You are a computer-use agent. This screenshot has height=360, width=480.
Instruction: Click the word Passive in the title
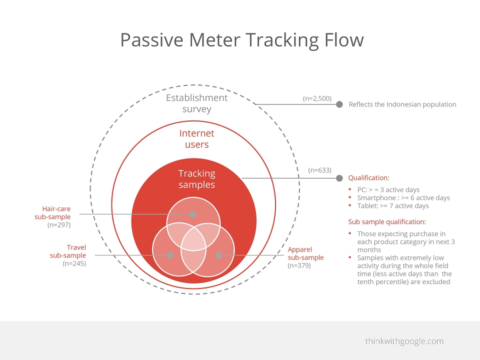click(152, 40)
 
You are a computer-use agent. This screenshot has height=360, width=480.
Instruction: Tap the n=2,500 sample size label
click(317, 98)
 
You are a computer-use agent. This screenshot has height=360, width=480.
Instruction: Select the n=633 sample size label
click(319, 170)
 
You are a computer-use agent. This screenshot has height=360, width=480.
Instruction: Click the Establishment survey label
click(197, 103)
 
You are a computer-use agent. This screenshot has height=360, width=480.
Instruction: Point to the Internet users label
click(197, 138)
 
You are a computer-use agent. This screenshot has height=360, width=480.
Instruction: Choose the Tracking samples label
click(197, 179)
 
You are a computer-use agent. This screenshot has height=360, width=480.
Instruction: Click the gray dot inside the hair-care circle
click(193, 214)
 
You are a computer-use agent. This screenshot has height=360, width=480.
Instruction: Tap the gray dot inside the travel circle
click(170, 255)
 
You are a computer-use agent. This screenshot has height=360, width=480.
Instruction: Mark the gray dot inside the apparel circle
click(218, 255)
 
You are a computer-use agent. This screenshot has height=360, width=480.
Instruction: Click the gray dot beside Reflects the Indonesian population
click(339, 104)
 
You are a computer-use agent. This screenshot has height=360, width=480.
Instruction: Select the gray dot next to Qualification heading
click(339, 178)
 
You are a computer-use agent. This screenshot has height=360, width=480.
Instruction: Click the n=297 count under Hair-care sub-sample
click(59, 225)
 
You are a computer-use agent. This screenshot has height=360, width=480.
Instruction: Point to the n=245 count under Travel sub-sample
click(74, 263)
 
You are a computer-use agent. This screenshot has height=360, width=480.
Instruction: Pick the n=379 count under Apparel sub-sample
click(299, 265)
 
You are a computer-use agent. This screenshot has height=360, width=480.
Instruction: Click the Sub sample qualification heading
click(387, 222)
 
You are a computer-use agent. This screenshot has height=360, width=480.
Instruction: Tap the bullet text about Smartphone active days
click(403, 198)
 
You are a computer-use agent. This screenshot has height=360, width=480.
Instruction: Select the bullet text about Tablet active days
click(393, 205)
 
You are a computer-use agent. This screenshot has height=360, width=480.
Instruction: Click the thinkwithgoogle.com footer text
click(404, 341)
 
